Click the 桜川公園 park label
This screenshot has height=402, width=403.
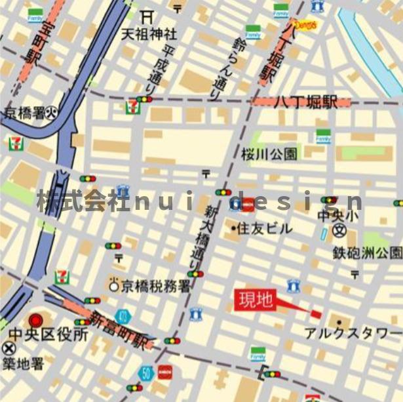[x=269, y=154]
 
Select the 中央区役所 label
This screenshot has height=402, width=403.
[x=48, y=334]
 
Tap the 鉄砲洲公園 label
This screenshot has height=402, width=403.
[x=367, y=252]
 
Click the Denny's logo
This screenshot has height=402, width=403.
[x=306, y=25]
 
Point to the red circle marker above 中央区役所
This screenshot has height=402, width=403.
[x=36, y=320]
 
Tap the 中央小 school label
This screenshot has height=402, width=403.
[x=338, y=214]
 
